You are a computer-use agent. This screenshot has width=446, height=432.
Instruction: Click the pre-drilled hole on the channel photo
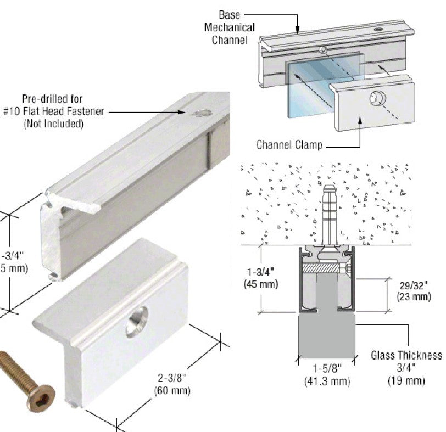202,114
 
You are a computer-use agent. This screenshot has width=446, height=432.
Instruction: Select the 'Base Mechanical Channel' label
230,27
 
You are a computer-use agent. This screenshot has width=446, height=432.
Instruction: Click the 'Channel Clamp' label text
289,145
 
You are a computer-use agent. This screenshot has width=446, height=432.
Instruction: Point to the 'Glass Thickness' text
406,355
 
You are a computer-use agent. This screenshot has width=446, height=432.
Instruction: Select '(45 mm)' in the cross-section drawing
260,284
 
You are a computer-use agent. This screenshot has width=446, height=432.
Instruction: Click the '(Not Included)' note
53,124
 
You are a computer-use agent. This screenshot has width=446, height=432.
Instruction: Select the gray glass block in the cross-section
327,329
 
